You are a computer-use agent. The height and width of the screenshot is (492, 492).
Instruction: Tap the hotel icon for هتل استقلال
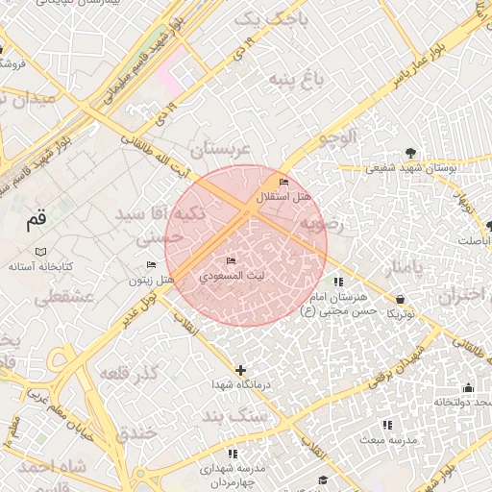(283, 183)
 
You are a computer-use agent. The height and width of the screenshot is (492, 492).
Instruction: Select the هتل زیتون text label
(152, 280)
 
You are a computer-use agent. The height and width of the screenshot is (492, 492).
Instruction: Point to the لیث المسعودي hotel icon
(230, 261)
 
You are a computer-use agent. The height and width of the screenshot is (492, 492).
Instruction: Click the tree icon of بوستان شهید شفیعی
(411, 153)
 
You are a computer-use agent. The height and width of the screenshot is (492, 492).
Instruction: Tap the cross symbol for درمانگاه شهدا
(240, 370)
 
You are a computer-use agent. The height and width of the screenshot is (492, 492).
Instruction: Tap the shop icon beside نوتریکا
(400, 299)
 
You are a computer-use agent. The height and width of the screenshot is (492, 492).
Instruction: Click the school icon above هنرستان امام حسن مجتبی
(337, 283)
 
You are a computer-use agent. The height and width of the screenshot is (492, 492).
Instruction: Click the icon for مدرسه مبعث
(387, 424)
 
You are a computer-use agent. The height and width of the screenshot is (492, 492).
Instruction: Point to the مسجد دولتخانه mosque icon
(468, 388)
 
